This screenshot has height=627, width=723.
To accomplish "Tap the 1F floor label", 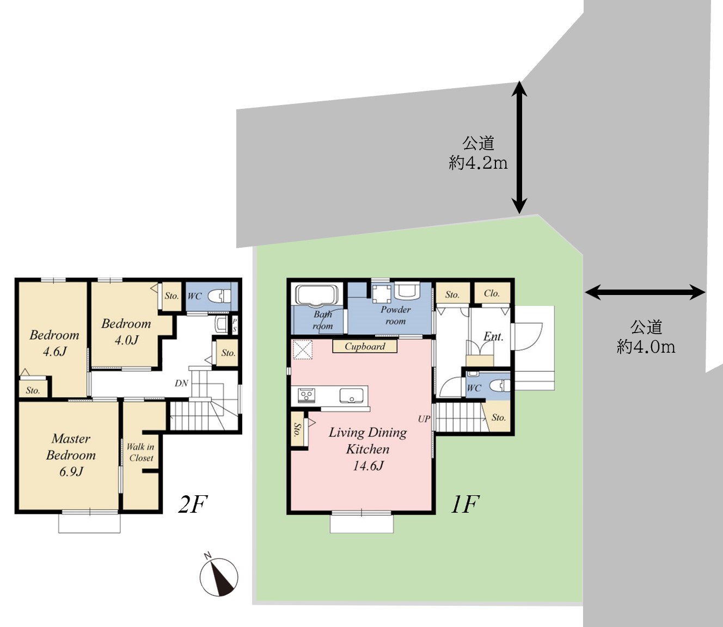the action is [465, 505].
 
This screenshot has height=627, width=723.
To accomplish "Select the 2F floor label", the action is [193, 505].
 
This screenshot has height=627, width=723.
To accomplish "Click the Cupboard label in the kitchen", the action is [365, 347].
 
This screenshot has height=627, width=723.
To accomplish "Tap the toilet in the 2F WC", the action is [219, 296].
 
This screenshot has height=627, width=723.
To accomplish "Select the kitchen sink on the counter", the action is [352, 395].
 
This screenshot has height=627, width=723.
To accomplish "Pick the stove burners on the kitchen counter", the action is [306, 395].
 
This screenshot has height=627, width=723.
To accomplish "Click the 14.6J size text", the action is [368, 466].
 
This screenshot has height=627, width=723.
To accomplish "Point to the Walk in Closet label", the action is [140, 452].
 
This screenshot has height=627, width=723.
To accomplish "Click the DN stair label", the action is [181, 383].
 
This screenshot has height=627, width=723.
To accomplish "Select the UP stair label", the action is [424, 419].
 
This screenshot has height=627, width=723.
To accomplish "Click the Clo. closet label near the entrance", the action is [492, 293].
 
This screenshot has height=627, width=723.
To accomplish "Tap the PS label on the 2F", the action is [234, 325].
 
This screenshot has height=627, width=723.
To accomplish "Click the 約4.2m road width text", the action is [478, 163].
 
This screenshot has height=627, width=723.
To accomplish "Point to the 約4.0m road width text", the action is [646, 347].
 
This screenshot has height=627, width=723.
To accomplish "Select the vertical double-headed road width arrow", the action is [519, 147].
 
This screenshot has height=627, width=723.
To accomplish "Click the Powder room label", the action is [395, 316].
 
